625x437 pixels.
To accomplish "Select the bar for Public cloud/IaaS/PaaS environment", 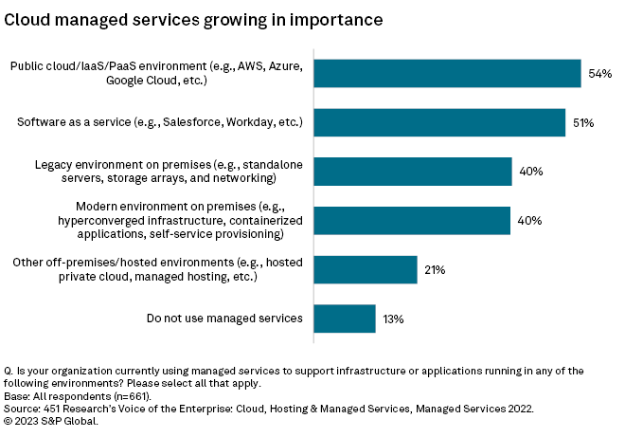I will pyautogui.click(x=446, y=74).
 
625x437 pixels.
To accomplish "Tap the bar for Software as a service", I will pyautogui.click(x=438, y=122).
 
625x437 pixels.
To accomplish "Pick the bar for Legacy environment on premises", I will pyautogui.click(x=412, y=172).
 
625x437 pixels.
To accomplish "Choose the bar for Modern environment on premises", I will pyautogui.click(x=411, y=221).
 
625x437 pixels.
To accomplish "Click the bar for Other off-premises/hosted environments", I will pyautogui.click(x=365, y=269).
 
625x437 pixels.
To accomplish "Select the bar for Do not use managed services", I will pyautogui.click(x=344, y=319).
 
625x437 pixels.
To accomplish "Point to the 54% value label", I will pyautogui.click(x=599, y=74).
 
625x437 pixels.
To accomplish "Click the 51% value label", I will pyautogui.click(x=582, y=122).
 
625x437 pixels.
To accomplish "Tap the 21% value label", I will pyautogui.click(x=435, y=270).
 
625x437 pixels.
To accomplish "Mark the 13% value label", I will pyautogui.click(x=393, y=319).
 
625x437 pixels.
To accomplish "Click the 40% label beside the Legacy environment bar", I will pyautogui.click(x=529, y=172).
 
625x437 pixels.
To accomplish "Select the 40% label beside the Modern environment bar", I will pyautogui.click(x=528, y=221).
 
